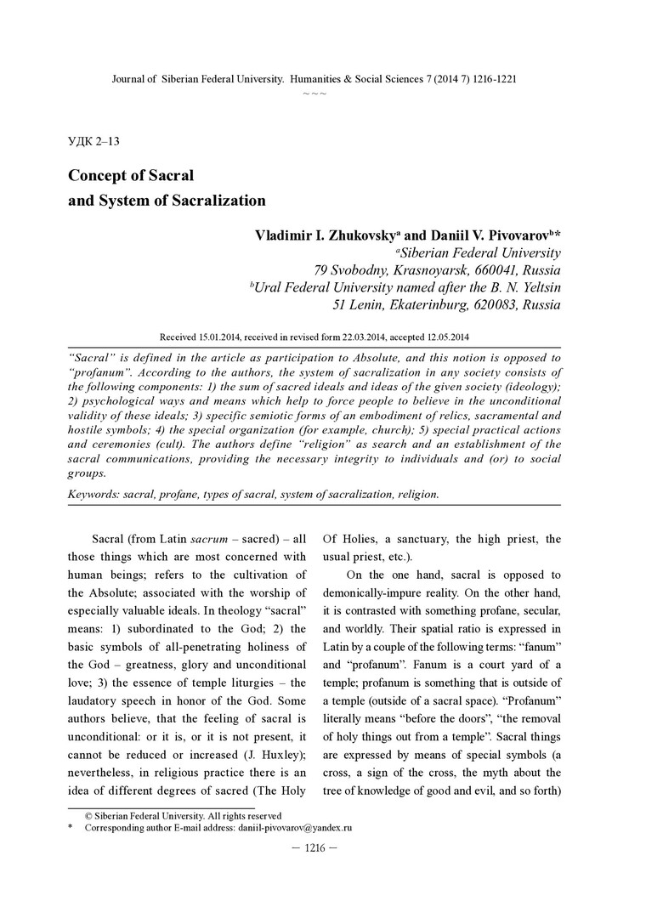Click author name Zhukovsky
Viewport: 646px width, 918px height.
click(x=356, y=235)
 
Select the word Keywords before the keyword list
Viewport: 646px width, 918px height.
click(x=93, y=494)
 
